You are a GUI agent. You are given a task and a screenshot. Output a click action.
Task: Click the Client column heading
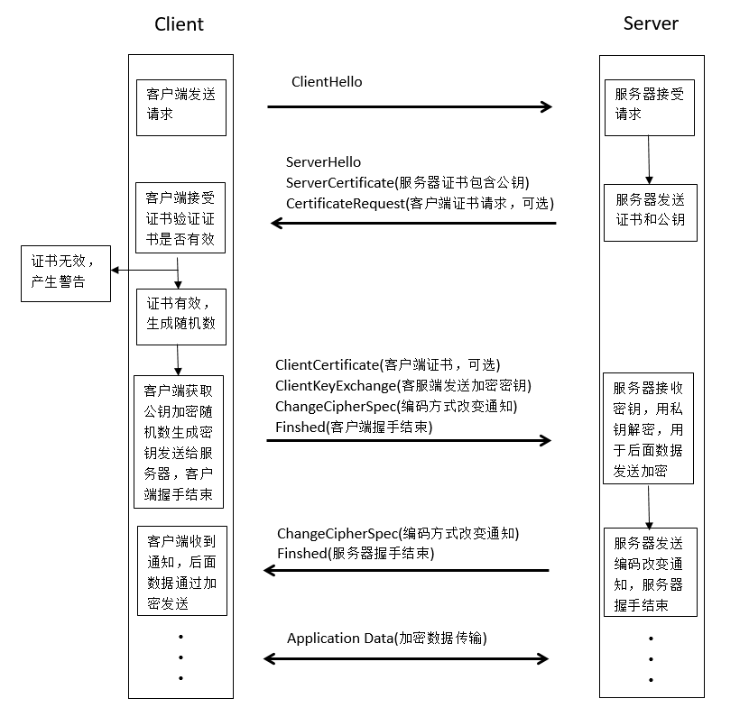pos(179,24)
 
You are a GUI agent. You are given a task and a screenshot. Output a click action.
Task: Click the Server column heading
pos(650,23)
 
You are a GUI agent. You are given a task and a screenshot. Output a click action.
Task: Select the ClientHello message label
pos(327,82)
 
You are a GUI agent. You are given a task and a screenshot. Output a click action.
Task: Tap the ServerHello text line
pos(323,162)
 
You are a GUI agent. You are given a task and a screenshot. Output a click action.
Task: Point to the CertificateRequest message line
pos(421,204)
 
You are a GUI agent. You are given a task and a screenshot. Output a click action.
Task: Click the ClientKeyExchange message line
pos(403,386)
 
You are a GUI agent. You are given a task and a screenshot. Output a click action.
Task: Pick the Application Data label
pos(386,639)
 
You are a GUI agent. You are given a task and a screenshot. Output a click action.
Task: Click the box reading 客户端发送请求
pos(180,105)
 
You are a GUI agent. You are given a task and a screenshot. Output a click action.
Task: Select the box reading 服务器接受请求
pos(649,105)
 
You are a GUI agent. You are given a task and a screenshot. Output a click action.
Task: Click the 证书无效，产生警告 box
pos(66,271)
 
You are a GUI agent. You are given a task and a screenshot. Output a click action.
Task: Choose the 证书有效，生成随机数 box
pos(180,314)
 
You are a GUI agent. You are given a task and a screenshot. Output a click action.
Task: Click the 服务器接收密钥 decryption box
pos(648,430)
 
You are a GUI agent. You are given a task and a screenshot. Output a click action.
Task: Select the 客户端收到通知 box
pos(181,571)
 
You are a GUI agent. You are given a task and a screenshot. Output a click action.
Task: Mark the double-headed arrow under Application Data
pos(406,659)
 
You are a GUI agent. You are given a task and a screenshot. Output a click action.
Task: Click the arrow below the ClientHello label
pos(409,107)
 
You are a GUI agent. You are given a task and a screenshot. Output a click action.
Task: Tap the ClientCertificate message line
pos(387,365)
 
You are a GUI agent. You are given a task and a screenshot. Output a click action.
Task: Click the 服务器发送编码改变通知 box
pos(650,572)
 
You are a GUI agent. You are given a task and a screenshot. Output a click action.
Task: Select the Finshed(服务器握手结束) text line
pos(356,553)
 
